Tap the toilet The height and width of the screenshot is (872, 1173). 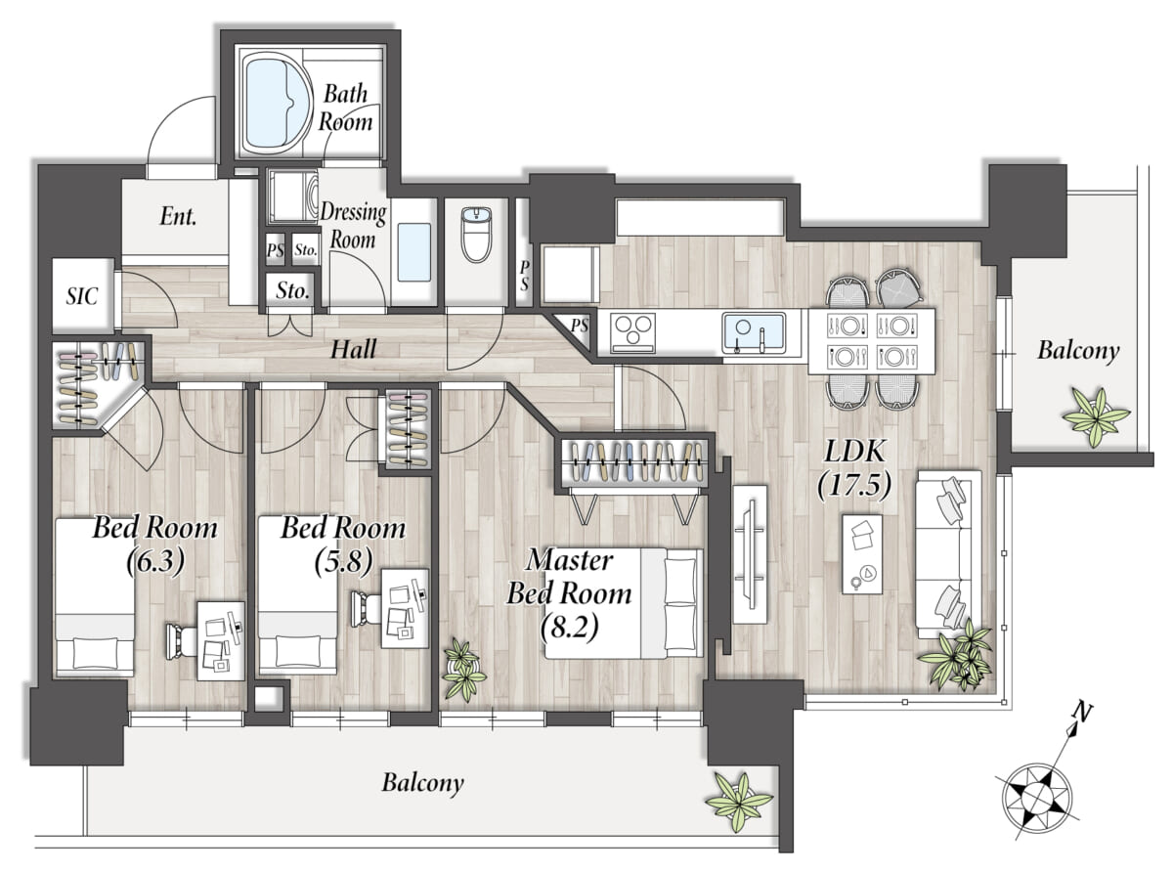pos(476,235)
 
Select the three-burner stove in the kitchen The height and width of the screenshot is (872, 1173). pos(632,332)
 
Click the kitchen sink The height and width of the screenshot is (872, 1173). pos(754,332)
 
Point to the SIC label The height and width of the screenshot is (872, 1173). pos(82,296)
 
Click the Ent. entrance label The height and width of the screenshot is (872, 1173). pos(178,216)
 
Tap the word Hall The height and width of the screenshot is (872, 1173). pos(353,349)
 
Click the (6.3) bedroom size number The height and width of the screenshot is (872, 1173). pos(155,561)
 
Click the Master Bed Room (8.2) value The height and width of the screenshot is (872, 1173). pos(570,626)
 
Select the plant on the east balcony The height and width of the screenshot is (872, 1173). pos(1096,416)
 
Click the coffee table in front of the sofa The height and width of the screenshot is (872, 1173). pos(862,554)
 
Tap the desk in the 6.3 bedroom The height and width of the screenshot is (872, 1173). pos(221,640)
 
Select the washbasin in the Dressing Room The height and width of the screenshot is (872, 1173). pos(414,252)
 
